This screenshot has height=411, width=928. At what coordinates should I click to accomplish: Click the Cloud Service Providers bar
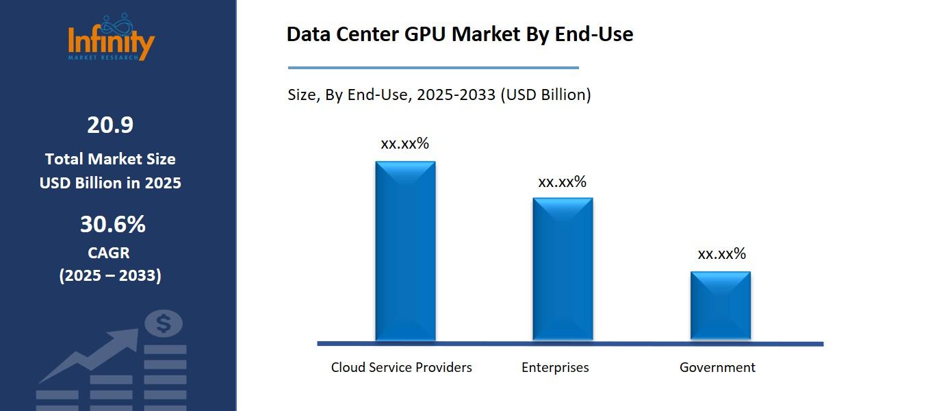pos(405,251)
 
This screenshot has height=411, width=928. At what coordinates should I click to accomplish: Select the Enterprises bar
pos(563,269)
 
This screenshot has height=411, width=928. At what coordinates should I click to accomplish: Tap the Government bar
pos(720,306)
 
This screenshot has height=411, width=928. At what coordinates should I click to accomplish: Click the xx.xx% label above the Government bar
pos(721,254)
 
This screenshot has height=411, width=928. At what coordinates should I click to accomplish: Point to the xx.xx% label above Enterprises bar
pos(562,182)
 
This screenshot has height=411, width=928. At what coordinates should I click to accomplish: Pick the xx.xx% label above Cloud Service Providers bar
pos(404,144)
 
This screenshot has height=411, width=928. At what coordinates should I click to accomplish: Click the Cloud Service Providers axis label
pos(401,367)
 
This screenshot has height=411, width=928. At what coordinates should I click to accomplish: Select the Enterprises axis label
pos(555,367)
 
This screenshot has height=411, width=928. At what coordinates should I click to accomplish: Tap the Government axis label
pos(717,367)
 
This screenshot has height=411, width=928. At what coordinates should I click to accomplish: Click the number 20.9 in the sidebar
pos(110,125)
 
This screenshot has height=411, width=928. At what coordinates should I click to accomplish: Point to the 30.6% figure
pos(113,225)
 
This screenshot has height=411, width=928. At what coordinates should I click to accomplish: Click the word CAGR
pos(109,253)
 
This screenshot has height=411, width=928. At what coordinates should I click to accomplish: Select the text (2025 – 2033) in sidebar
pos(110,275)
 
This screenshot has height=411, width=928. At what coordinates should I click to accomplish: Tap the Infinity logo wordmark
pos(112,42)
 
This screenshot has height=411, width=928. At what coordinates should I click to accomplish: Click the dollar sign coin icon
pos(164,323)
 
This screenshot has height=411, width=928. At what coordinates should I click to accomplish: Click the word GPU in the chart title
pos(426,34)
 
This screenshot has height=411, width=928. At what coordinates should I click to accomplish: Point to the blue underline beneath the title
pos(433,68)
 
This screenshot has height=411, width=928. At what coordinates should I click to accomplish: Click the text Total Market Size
pos(110,159)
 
